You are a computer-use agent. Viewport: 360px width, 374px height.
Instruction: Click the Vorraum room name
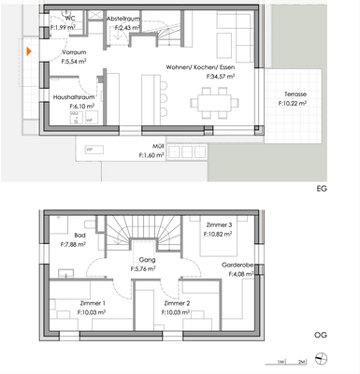[74, 52]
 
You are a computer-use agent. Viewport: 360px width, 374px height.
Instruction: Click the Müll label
[159, 146]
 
